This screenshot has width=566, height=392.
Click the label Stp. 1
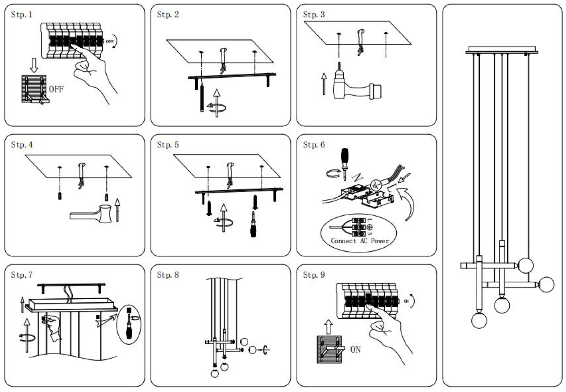coord(22,15)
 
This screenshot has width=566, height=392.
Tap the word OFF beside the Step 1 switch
coord(56,89)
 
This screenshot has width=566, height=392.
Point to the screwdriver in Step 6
coord(344,158)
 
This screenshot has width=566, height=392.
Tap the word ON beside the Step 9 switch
coord(355,350)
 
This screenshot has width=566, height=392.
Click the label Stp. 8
coord(168,275)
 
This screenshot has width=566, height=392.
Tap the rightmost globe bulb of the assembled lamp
coord(546,284)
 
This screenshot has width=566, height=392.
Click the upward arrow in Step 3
coord(324,84)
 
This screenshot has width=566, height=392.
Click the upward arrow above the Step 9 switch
coord(328,328)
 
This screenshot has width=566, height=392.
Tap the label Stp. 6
coord(314,145)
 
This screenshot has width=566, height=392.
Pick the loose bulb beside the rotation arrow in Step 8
coord(254,349)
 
